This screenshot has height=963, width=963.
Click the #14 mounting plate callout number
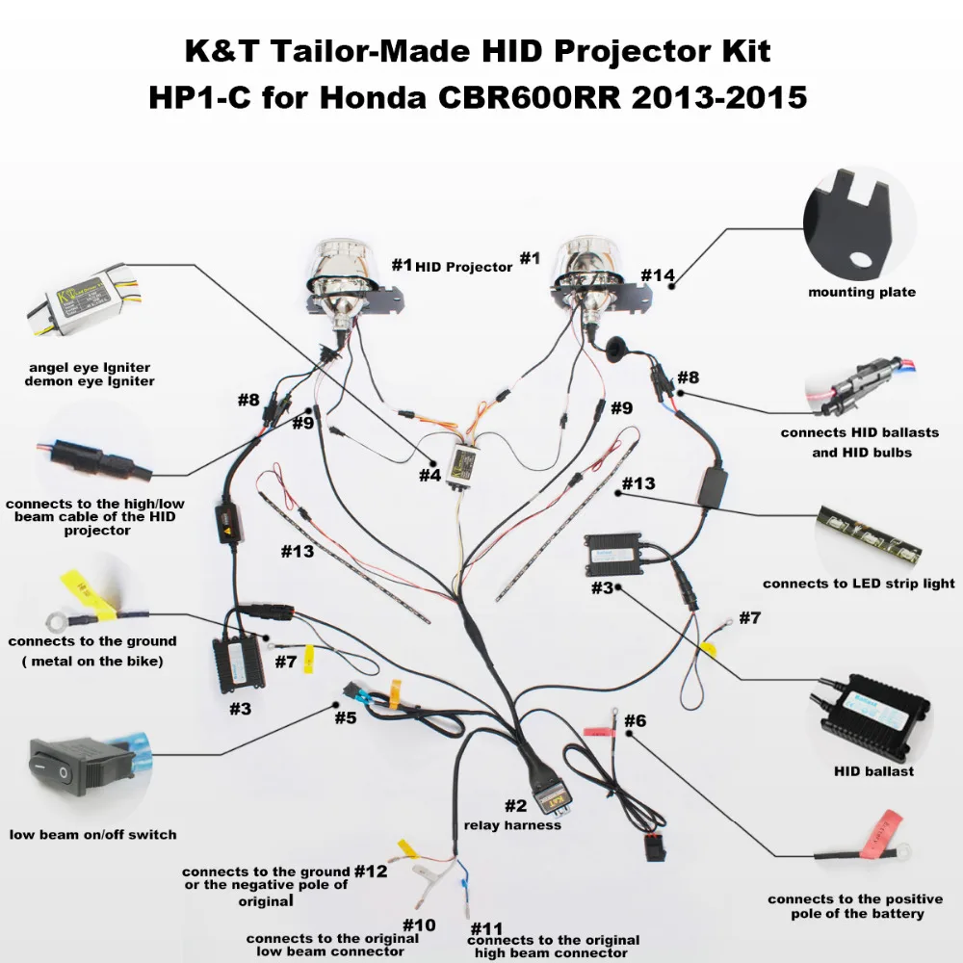point(658,275)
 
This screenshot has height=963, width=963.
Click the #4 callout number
point(429,475)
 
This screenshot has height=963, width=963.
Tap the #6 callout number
point(635,720)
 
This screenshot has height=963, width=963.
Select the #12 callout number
point(371,871)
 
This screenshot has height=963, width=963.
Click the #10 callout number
point(419,925)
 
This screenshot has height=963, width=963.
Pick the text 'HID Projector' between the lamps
point(464,267)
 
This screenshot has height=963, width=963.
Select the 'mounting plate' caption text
point(862,292)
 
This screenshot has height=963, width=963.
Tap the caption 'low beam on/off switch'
point(93,834)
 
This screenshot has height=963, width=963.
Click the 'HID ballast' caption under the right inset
point(873,770)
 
